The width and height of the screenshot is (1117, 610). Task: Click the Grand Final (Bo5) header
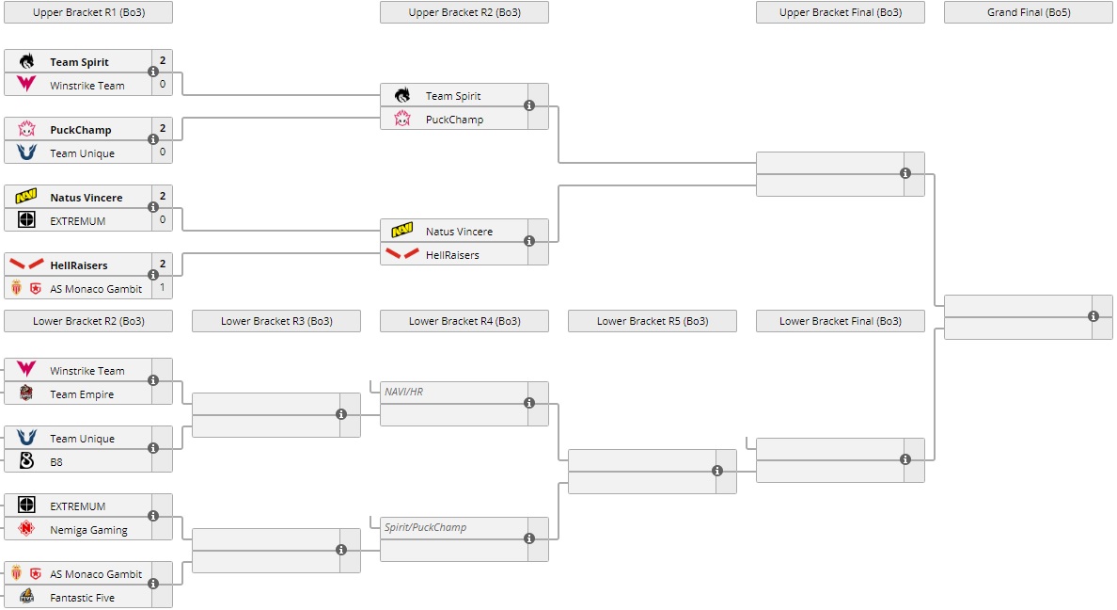point(1028,12)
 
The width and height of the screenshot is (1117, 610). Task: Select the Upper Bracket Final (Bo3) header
point(840,12)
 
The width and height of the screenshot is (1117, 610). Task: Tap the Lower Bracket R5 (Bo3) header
point(652,321)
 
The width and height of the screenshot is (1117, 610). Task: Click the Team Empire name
point(82,394)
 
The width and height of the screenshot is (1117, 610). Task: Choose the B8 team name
point(57,462)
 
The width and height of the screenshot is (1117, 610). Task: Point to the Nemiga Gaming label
point(88,530)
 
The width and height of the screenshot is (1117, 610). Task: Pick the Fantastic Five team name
point(82,598)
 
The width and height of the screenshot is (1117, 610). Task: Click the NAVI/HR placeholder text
point(403,392)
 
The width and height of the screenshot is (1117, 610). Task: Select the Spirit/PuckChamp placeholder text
point(425,527)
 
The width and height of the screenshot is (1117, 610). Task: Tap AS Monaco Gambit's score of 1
point(162,288)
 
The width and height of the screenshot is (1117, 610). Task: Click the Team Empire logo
point(26,393)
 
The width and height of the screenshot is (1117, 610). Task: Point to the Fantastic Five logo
point(26,597)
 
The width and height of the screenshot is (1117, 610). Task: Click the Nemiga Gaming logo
point(26,529)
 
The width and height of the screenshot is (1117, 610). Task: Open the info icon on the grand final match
point(1093,316)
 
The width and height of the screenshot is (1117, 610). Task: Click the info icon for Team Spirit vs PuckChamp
point(529,105)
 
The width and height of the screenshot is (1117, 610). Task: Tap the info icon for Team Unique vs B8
point(153,448)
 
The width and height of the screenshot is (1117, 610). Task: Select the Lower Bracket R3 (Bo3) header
point(275,321)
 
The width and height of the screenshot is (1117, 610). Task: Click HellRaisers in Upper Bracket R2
point(452,255)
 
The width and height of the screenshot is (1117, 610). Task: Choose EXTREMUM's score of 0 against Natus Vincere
point(162,220)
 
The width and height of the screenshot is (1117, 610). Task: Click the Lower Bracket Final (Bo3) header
point(840,321)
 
